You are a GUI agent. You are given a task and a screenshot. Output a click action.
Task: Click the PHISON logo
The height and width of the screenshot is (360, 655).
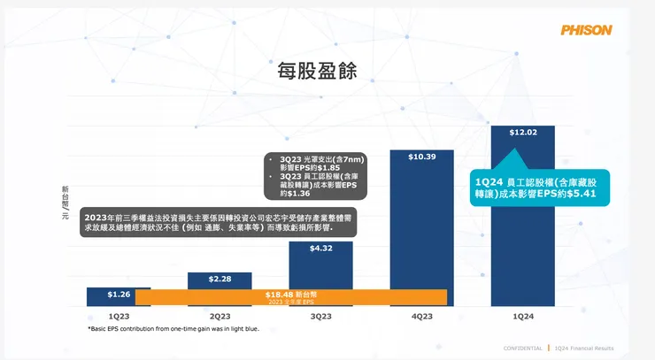pyautogui.click(x=586, y=29)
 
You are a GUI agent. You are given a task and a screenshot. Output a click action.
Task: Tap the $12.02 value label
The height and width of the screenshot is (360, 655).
pyautogui.click(x=522, y=133)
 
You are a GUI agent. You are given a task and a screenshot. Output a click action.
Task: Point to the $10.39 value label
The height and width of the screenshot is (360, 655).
pyautogui.click(x=421, y=157)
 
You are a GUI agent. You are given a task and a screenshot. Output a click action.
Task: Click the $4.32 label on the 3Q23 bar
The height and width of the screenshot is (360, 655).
pyautogui.click(x=320, y=249)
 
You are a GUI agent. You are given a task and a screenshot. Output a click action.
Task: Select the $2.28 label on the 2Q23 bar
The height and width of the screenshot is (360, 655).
pyautogui.click(x=220, y=280)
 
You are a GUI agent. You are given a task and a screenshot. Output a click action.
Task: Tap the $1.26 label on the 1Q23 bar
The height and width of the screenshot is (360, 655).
pyautogui.click(x=119, y=294)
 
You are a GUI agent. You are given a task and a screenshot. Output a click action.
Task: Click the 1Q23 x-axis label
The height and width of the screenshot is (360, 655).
pyautogui.click(x=119, y=316)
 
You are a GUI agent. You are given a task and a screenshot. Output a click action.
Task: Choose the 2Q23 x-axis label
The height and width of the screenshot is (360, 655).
pyautogui.click(x=220, y=316)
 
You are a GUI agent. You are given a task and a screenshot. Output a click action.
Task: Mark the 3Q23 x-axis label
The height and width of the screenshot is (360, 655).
pyautogui.click(x=320, y=316)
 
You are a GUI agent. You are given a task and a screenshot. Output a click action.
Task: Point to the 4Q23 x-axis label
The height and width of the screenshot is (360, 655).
pyautogui.click(x=421, y=316)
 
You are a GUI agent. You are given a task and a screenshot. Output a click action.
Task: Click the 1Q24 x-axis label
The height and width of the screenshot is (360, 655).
pyautogui.click(x=522, y=316)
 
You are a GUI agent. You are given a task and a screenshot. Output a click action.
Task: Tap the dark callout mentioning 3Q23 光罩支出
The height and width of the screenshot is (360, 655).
pyautogui.click(x=317, y=174)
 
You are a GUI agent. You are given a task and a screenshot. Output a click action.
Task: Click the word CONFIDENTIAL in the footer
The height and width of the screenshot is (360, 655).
pyautogui.click(x=522, y=348)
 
